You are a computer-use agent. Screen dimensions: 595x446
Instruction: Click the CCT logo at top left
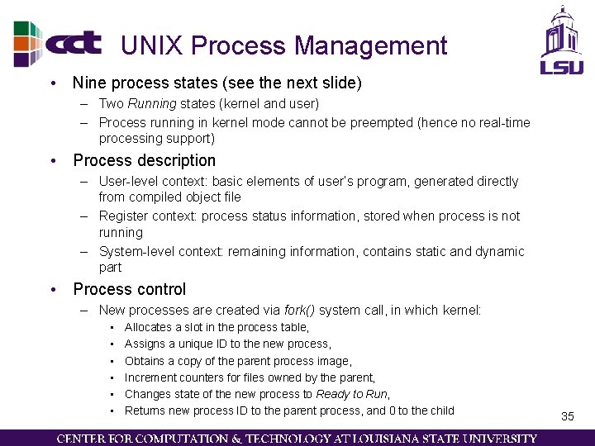[58, 43]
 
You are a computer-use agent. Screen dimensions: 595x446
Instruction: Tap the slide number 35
[567, 416]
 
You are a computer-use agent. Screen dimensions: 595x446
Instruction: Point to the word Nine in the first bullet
[89, 83]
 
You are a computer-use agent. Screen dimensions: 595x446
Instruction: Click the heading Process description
[144, 160]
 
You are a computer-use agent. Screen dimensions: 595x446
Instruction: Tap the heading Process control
[130, 289]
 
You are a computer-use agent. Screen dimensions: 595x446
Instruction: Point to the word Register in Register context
[121, 216]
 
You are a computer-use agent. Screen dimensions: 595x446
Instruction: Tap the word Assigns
[145, 344]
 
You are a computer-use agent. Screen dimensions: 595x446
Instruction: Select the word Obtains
[145, 361]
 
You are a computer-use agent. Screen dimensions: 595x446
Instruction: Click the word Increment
[150, 377]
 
